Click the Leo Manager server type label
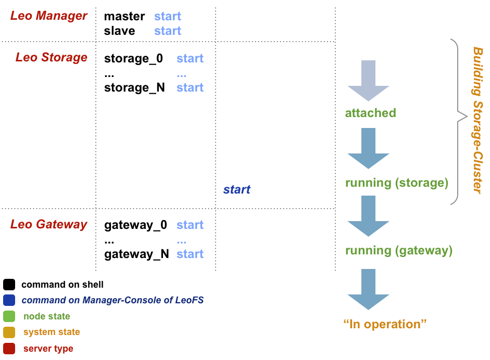pos(48,16)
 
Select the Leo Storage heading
pos(51,57)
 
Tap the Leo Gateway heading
pos(48,225)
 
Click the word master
pos(124,17)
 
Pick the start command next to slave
pos(167,31)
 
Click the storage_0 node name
pos(133,59)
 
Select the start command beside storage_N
pos(190,88)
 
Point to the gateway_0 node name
pos(135,225)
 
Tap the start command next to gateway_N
pos(190,254)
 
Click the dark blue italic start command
pos(236,190)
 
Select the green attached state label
pos(370,113)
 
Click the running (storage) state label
pos(396,183)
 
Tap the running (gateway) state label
pos(398,251)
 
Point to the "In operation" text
pos(385,325)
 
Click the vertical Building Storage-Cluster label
pos(477,120)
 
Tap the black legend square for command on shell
pos(9,285)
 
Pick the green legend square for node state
pos(9,316)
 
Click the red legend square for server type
pos(9,349)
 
